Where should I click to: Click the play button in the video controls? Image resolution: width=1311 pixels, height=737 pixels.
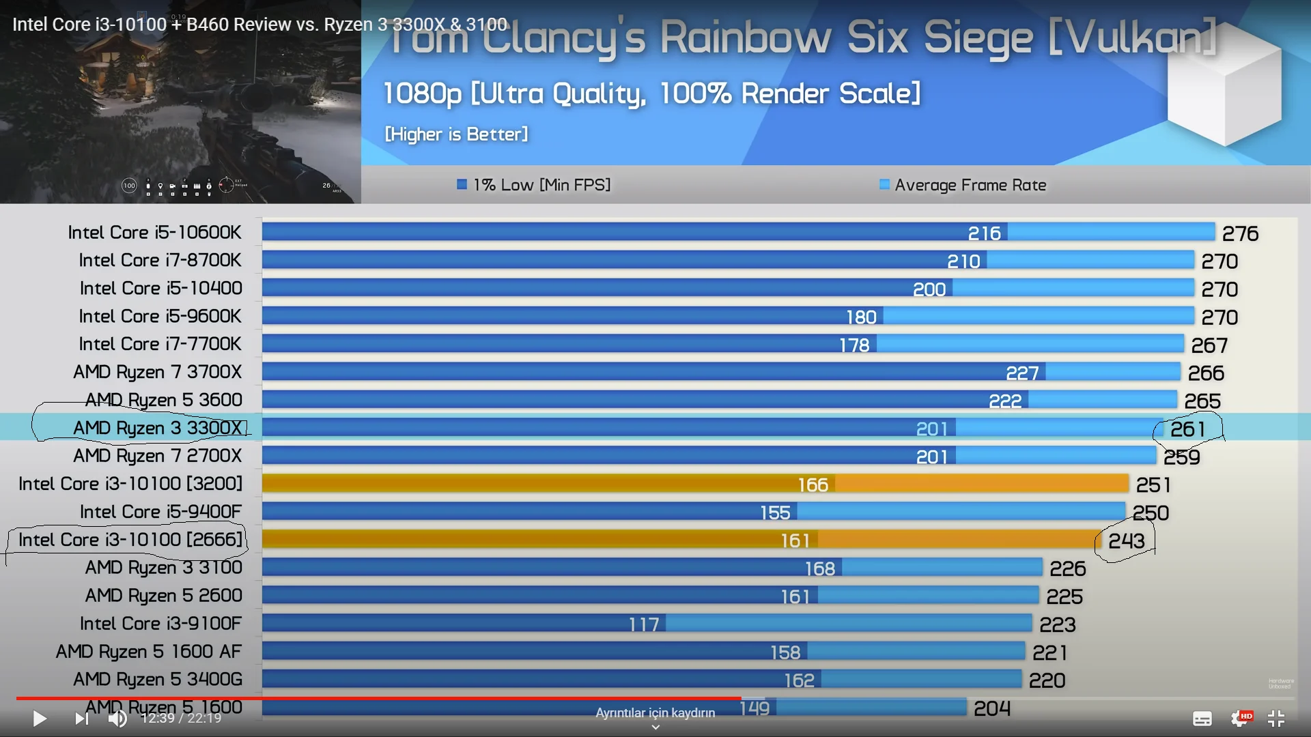(x=40, y=718)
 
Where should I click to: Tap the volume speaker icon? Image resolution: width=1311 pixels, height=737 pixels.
(x=117, y=718)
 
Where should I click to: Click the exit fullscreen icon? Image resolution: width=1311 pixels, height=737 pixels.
(x=1275, y=718)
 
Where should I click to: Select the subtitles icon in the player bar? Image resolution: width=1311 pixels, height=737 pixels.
(x=1202, y=718)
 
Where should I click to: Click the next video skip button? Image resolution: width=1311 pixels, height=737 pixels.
(x=81, y=718)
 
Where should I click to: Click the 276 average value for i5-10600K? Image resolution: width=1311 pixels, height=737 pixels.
(x=1240, y=234)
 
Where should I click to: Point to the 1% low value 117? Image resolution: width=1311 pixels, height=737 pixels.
(x=644, y=624)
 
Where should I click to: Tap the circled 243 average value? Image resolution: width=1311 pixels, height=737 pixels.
(x=1126, y=541)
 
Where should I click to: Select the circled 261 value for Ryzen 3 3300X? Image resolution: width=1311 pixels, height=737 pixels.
(x=1187, y=429)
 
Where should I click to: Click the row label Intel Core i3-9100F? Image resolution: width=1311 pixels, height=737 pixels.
(x=160, y=624)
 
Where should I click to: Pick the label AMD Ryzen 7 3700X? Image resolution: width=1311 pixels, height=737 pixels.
(x=157, y=372)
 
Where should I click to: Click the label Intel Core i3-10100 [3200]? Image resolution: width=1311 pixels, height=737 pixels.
(x=130, y=484)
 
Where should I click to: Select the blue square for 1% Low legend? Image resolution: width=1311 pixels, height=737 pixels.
(x=462, y=184)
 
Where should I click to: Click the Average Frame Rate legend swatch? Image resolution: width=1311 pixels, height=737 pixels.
(x=884, y=184)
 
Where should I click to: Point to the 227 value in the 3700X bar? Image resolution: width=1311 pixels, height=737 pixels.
(x=1022, y=373)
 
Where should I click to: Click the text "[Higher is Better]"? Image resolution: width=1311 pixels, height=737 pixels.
(x=456, y=134)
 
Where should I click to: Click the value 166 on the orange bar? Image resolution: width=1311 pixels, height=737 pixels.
(x=813, y=485)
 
